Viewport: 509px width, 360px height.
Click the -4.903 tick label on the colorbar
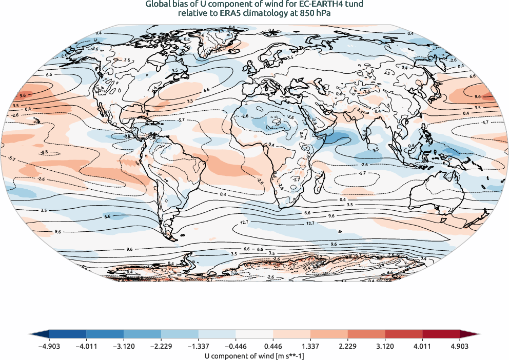[49, 346]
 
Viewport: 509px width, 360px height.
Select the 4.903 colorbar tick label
[460, 346]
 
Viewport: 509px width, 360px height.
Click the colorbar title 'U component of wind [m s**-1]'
[254, 355]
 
